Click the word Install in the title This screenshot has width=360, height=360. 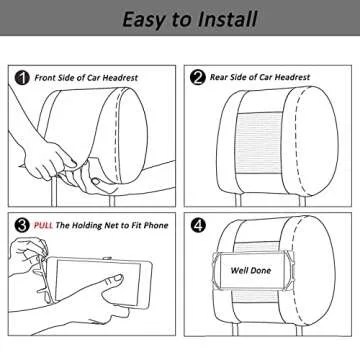click(x=228, y=19)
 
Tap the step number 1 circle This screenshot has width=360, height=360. click(x=22, y=78)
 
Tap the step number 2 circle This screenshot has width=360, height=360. click(x=198, y=78)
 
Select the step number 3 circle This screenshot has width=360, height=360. click(x=22, y=226)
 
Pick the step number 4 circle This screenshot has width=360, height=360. click(x=198, y=226)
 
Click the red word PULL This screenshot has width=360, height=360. click(x=43, y=225)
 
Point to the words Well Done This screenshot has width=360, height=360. click(x=251, y=270)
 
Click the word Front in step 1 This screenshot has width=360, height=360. click(x=45, y=78)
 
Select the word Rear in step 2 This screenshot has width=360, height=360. click(x=218, y=77)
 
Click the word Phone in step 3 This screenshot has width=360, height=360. click(x=156, y=225)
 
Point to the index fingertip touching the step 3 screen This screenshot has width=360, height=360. click(x=117, y=277)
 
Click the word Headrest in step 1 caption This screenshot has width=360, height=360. click(x=120, y=78)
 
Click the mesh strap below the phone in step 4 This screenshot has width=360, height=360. click(x=256, y=296)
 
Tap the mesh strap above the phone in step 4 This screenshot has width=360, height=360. click(x=256, y=247)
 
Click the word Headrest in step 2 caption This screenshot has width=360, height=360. click(x=292, y=77)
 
